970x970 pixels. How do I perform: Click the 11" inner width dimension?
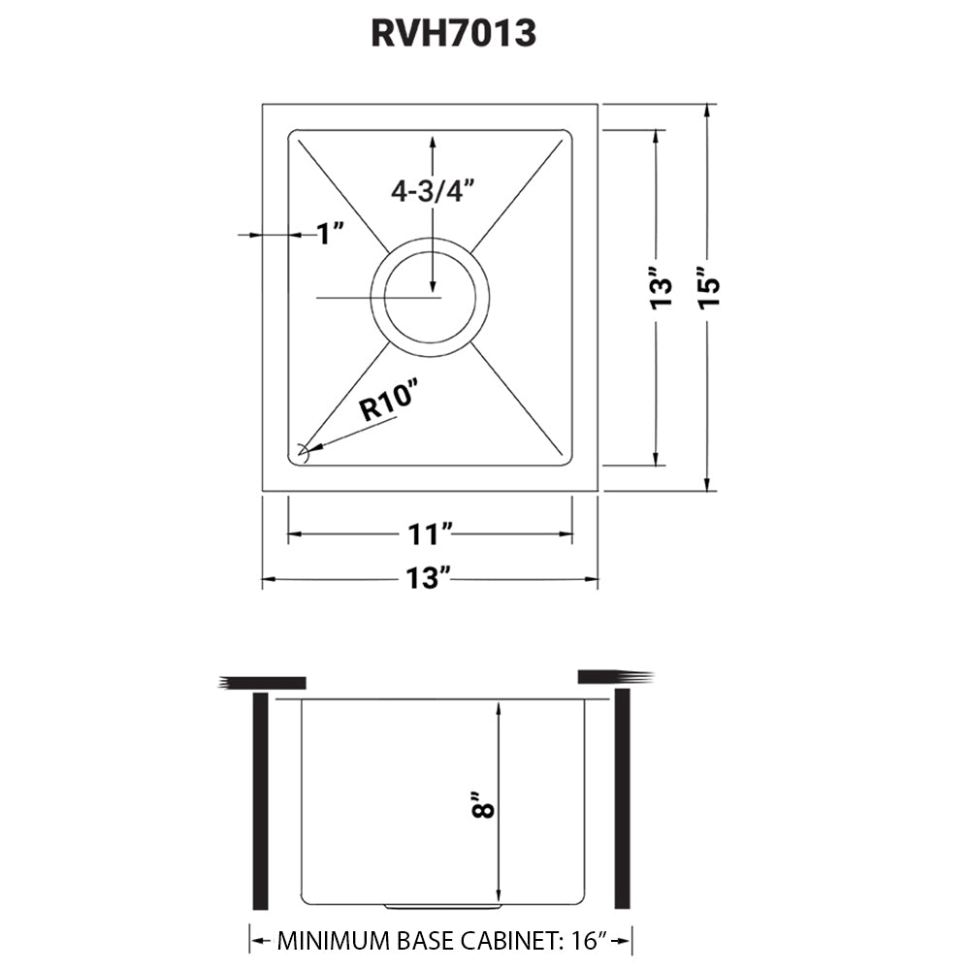[430, 533]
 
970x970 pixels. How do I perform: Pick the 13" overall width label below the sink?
[430, 579]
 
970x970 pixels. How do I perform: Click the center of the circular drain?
[430, 295]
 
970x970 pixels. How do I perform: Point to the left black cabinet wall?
[259, 801]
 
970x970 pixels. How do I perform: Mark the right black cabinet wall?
[623, 801]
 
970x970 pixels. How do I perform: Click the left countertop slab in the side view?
[264, 682]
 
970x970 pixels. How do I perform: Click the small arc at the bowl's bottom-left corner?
[303, 451]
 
